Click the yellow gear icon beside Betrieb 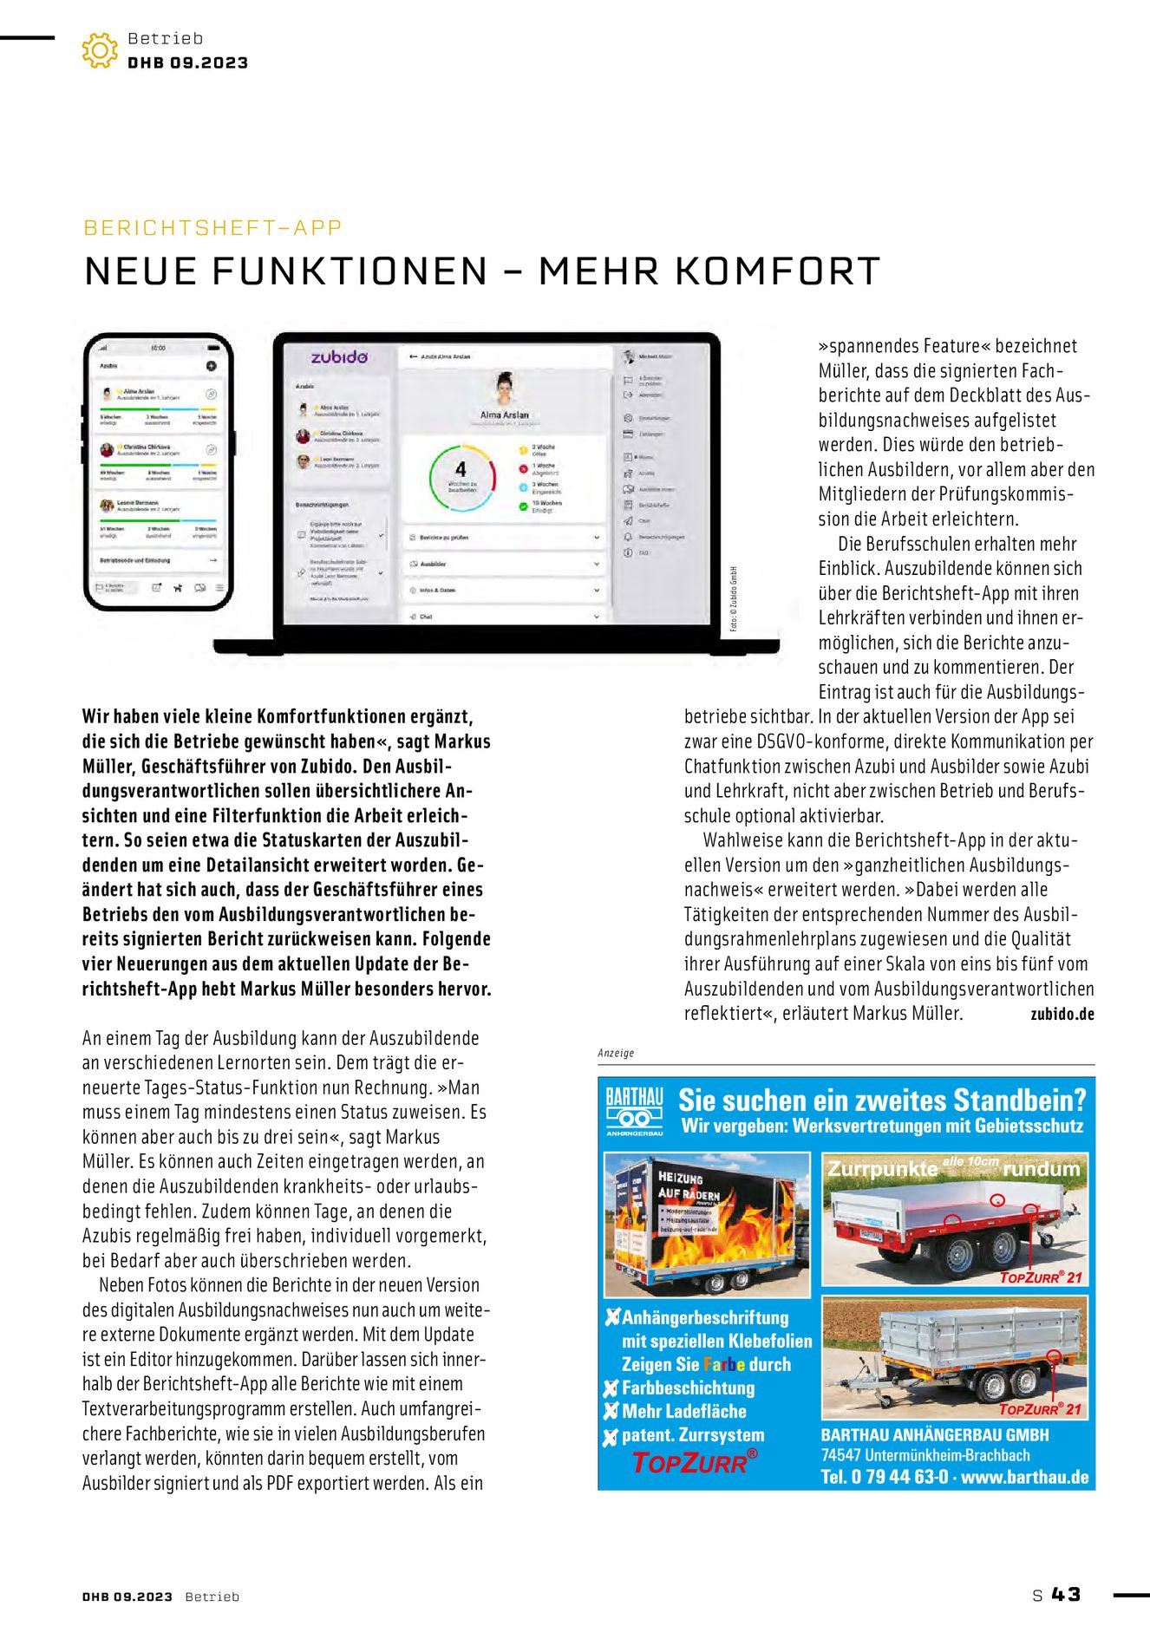pos(100,50)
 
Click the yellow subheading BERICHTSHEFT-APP pos(212,228)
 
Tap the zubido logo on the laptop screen pos(339,357)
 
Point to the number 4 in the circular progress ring pos(461,469)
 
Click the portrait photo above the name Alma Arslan pos(504,390)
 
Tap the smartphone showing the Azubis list pos(158,473)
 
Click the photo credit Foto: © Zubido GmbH pos(733,599)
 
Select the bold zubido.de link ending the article pos(1062,1014)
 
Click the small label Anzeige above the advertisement pos(616,1053)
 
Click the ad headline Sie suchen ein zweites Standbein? pos(881,1100)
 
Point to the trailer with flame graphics pos(707,1224)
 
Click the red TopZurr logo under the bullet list pos(694,1463)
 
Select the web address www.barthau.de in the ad pos(1024,1477)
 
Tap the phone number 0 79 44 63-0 pos(899,1477)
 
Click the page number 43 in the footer pos(1066,1595)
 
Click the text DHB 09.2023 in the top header pos(187,63)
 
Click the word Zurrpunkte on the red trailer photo pos(882,1169)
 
